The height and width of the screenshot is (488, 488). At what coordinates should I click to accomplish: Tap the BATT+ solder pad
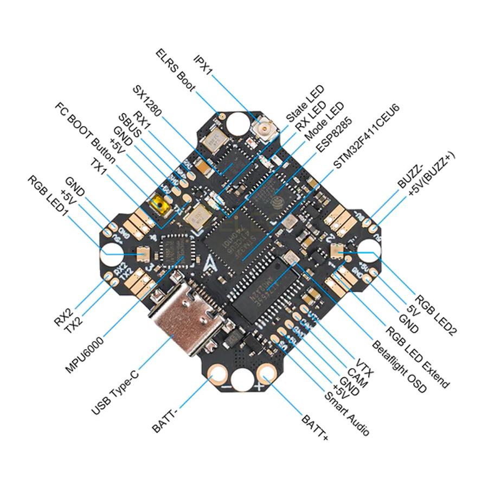267,373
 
